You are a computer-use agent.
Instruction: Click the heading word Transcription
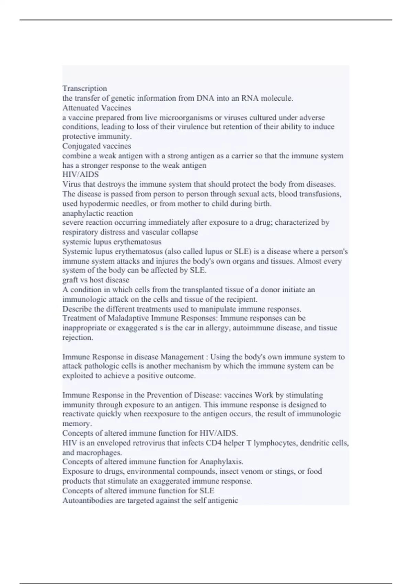point(84,89)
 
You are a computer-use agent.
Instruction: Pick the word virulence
point(193,127)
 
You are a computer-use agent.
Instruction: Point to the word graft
point(70,280)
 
